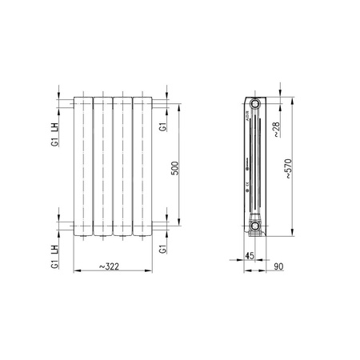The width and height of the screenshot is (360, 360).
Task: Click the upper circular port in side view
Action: (x=254, y=104)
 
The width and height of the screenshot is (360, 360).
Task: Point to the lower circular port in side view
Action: (x=254, y=227)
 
